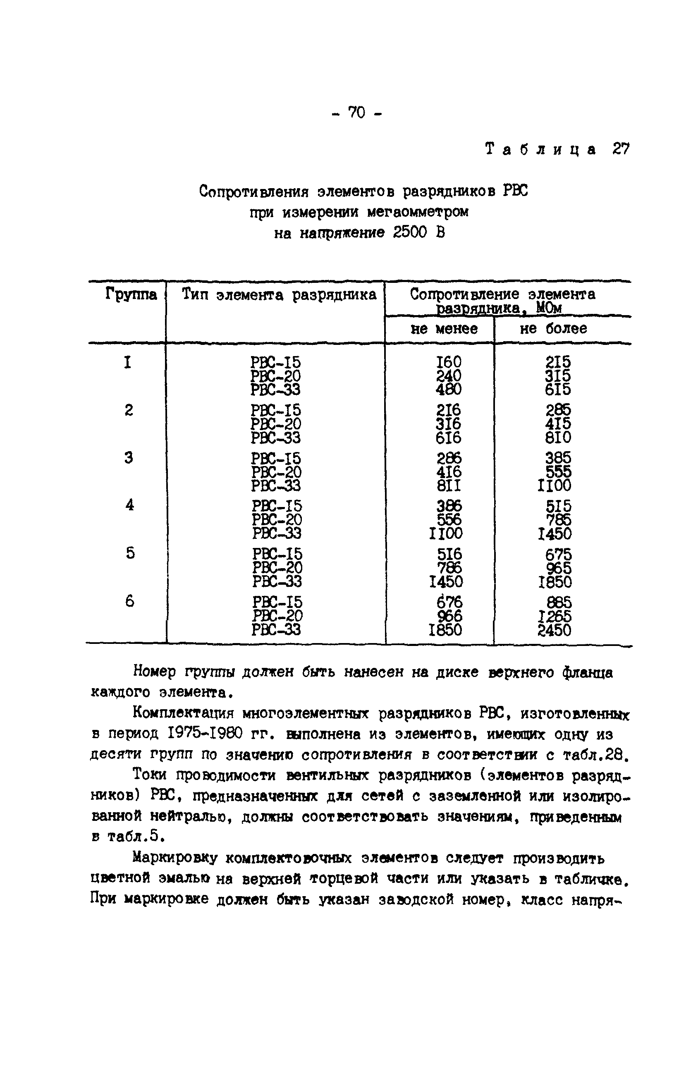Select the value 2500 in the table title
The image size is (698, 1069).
(409, 232)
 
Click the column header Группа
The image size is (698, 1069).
(131, 295)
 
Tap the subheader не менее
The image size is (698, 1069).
(444, 329)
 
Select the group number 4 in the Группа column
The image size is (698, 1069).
(129, 505)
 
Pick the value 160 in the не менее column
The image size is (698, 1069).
(448, 362)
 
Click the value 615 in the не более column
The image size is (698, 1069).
(557, 390)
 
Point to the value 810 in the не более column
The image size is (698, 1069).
(558, 438)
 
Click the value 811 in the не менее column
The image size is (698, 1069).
(448, 485)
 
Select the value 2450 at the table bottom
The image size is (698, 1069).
(554, 630)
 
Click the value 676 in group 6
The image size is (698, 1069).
(449, 602)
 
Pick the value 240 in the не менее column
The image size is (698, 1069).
(448, 375)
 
